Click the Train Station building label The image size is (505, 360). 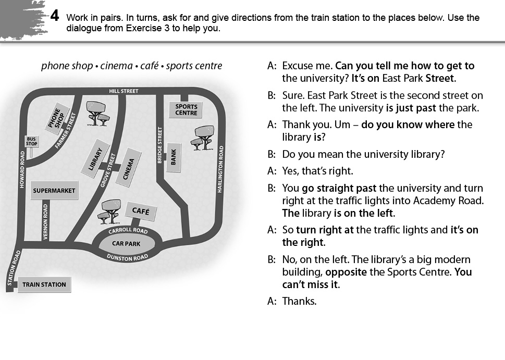(44, 284)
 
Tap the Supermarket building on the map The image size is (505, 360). (54, 190)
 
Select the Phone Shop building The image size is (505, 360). (57, 117)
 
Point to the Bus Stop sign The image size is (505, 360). (32, 141)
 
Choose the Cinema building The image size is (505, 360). (129, 168)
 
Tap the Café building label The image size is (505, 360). (141, 211)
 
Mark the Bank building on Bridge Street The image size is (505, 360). (173, 157)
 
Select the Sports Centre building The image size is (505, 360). (186, 109)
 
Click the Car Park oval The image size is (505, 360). (126, 244)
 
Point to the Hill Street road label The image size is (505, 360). (124, 91)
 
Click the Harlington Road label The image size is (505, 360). (220, 169)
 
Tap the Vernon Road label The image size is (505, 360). (45, 221)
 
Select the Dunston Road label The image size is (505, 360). (127, 257)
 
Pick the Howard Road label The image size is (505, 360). (22, 169)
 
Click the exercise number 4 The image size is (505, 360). (55, 16)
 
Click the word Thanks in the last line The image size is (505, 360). (299, 301)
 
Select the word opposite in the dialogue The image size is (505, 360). (346, 272)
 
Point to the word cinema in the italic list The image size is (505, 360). (116, 66)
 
